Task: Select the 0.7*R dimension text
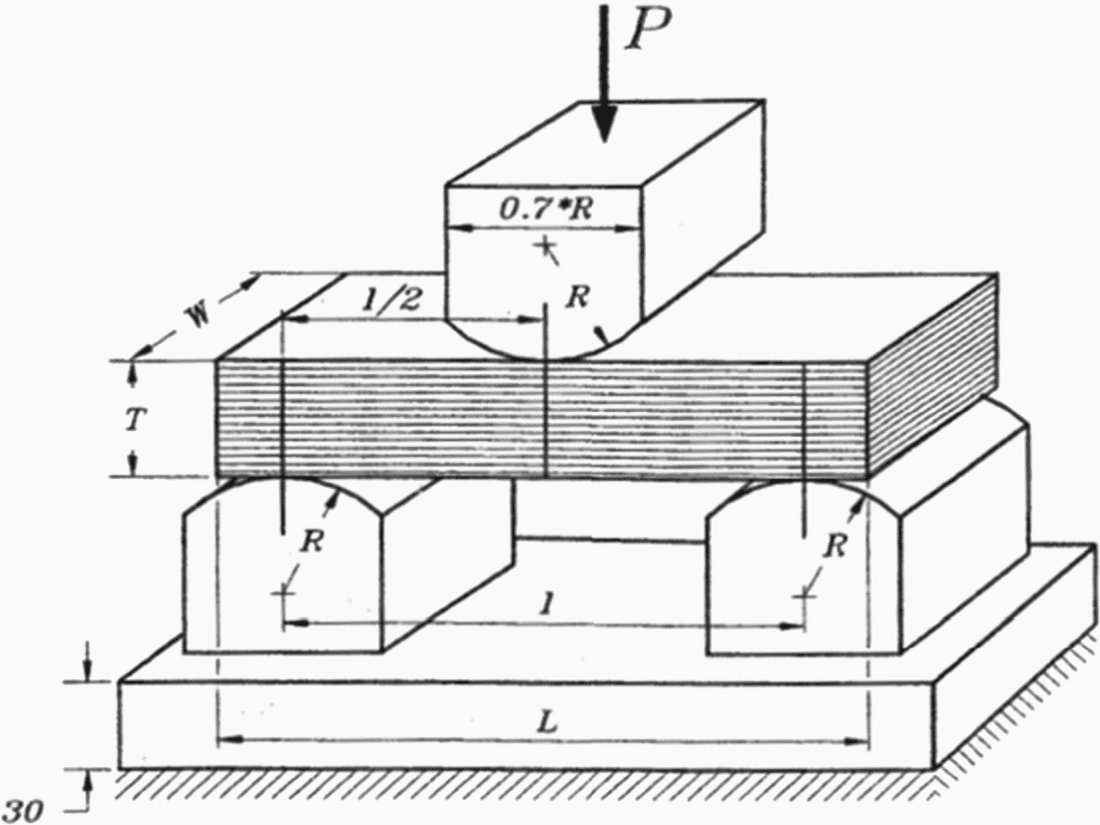pos(540,209)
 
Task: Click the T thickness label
pos(134,420)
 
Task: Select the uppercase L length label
pos(545,722)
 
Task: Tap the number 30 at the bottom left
pos(24,811)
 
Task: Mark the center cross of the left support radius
pos(283,594)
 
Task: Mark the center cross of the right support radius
pos(805,595)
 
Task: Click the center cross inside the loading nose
pos(544,245)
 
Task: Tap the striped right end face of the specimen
pos(933,374)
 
